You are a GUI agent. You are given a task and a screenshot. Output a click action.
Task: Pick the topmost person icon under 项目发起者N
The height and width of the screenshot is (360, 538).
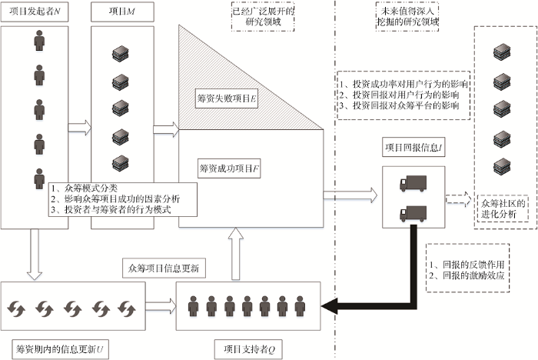coord(38,41)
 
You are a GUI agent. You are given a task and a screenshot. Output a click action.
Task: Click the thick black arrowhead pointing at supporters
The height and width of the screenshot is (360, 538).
coord(327,307)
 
